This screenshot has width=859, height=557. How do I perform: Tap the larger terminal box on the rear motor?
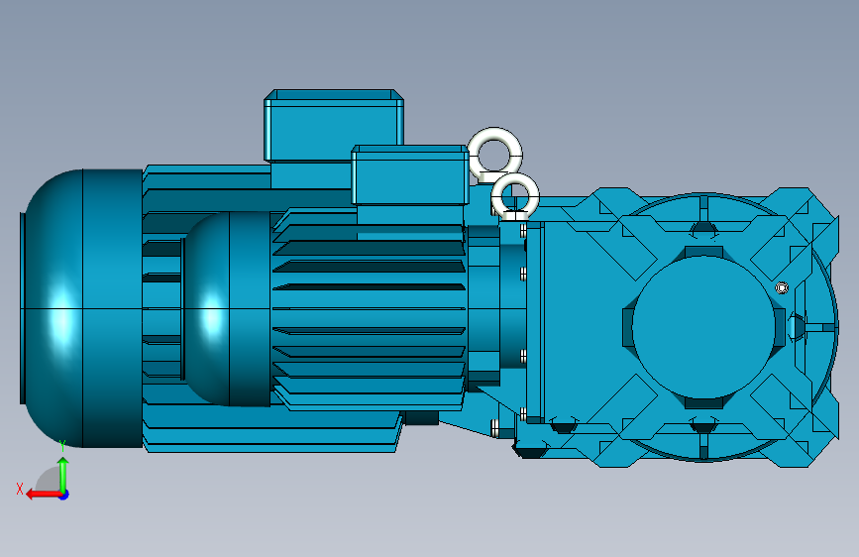(x=334, y=125)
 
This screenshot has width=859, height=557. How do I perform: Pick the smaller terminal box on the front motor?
(x=410, y=174)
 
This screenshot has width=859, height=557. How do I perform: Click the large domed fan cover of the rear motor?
(x=82, y=308)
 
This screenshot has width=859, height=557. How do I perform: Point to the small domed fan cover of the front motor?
(x=227, y=309)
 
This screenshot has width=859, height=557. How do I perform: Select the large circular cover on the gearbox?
(x=704, y=327)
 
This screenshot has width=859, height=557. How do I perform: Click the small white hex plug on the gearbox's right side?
(x=782, y=287)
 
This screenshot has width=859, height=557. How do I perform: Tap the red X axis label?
(x=20, y=489)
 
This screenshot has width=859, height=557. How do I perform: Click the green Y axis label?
(x=62, y=445)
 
